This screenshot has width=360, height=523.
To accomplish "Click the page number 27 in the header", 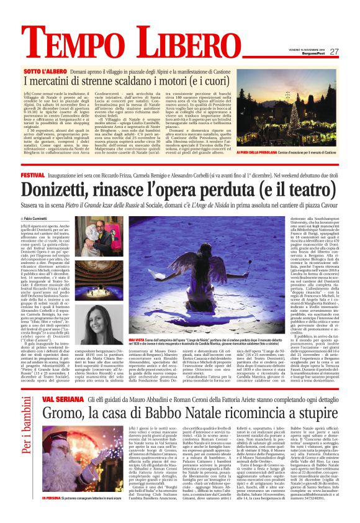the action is (334, 51).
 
